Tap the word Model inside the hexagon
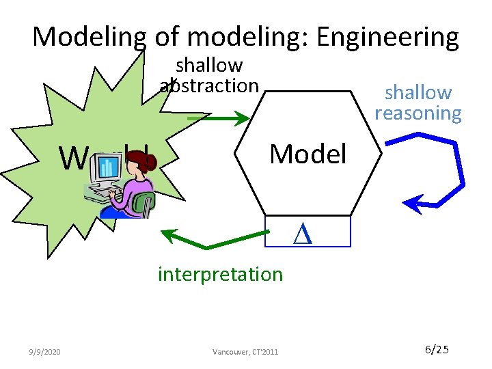307,154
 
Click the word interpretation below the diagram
220,274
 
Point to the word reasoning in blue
418,113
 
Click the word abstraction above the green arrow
209,85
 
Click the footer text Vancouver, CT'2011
245,351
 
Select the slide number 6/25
437,350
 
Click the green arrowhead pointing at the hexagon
242,120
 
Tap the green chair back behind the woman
145,203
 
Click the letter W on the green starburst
72,159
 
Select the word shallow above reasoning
418,92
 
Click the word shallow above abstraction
209,66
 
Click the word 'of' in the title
167,37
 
